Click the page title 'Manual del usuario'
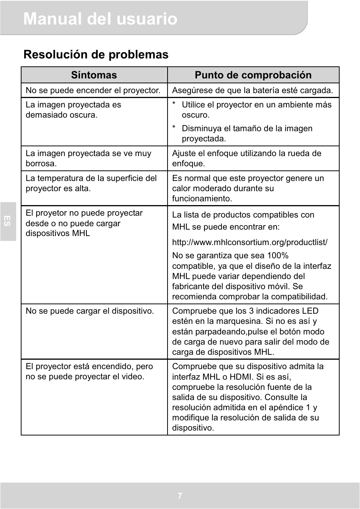(x=100, y=19)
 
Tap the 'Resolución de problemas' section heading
(x=96, y=55)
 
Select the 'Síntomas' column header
(x=94, y=75)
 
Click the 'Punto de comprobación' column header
(x=253, y=75)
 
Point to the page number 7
(x=180, y=496)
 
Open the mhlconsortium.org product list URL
(x=249, y=242)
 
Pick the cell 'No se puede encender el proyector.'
(x=93, y=90)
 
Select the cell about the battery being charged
(x=252, y=90)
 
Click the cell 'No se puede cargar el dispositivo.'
(x=90, y=311)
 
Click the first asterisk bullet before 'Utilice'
(x=174, y=105)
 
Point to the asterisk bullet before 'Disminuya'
(x=174, y=129)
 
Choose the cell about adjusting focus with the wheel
(x=247, y=158)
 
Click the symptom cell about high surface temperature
(x=91, y=183)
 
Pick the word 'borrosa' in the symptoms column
(x=41, y=164)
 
